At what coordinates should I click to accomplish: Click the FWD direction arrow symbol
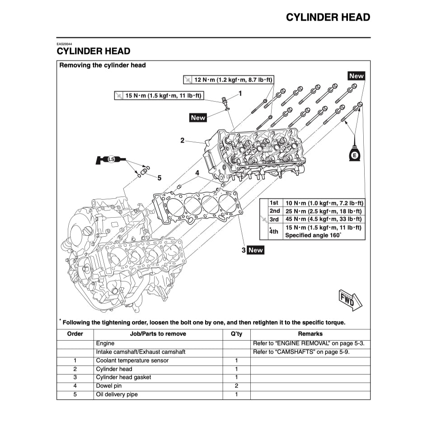pos(351,299)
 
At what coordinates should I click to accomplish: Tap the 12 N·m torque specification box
pos(229,80)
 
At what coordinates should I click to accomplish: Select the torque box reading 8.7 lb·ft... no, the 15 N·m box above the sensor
pos(159,95)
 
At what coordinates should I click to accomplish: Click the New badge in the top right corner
pos(356,76)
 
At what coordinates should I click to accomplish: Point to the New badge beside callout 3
pos(255,250)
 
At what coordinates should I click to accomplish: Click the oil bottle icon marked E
pos(355,154)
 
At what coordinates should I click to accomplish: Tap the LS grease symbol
pos(110,159)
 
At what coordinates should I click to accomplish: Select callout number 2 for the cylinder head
pos(183,141)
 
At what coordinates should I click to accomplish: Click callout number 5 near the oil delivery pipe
pos(159,178)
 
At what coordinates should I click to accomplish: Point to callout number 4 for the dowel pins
pos(197,173)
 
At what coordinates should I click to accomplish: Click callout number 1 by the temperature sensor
pos(240,94)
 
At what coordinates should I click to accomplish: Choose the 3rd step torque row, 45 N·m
pos(323,219)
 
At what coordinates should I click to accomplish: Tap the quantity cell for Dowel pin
pos(236,386)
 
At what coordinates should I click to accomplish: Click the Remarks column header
pos(310,334)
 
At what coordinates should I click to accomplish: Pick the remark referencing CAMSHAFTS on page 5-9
pos(301,352)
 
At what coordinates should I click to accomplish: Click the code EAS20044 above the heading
pos(64,44)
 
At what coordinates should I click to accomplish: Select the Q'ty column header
pos(236,334)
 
